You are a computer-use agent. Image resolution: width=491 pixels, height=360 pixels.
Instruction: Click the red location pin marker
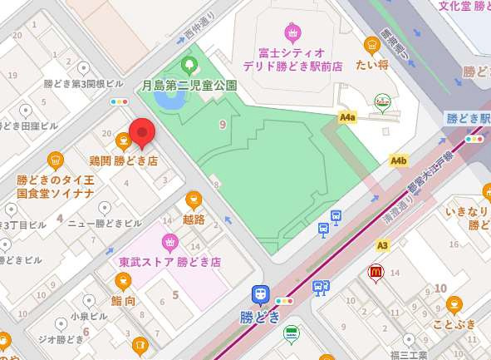click(x=142, y=133)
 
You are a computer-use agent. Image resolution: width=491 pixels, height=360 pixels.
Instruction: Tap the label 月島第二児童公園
click(x=189, y=85)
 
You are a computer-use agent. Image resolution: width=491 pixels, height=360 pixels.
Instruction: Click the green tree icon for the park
click(x=189, y=65)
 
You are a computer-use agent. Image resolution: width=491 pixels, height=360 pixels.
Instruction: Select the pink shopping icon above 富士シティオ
click(x=292, y=33)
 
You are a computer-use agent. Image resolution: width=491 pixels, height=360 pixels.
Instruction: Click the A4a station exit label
click(x=347, y=118)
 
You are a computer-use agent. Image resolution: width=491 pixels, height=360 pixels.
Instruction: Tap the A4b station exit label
click(x=399, y=160)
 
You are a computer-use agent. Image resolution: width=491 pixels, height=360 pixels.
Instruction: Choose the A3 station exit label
click(x=382, y=245)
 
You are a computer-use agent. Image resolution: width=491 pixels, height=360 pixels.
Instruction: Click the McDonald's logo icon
click(x=376, y=271)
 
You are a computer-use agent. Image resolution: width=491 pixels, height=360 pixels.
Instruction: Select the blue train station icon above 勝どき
click(x=261, y=293)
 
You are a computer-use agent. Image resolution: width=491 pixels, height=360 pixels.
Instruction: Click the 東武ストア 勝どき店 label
click(x=169, y=261)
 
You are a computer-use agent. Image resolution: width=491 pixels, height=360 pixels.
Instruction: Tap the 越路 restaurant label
click(x=194, y=219)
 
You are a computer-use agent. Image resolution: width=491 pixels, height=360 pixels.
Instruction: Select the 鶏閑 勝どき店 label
click(x=123, y=160)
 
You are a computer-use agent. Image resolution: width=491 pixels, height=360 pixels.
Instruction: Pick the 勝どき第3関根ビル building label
click(x=83, y=84)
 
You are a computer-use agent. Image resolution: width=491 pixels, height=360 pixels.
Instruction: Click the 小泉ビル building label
click(x=86, y=316)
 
